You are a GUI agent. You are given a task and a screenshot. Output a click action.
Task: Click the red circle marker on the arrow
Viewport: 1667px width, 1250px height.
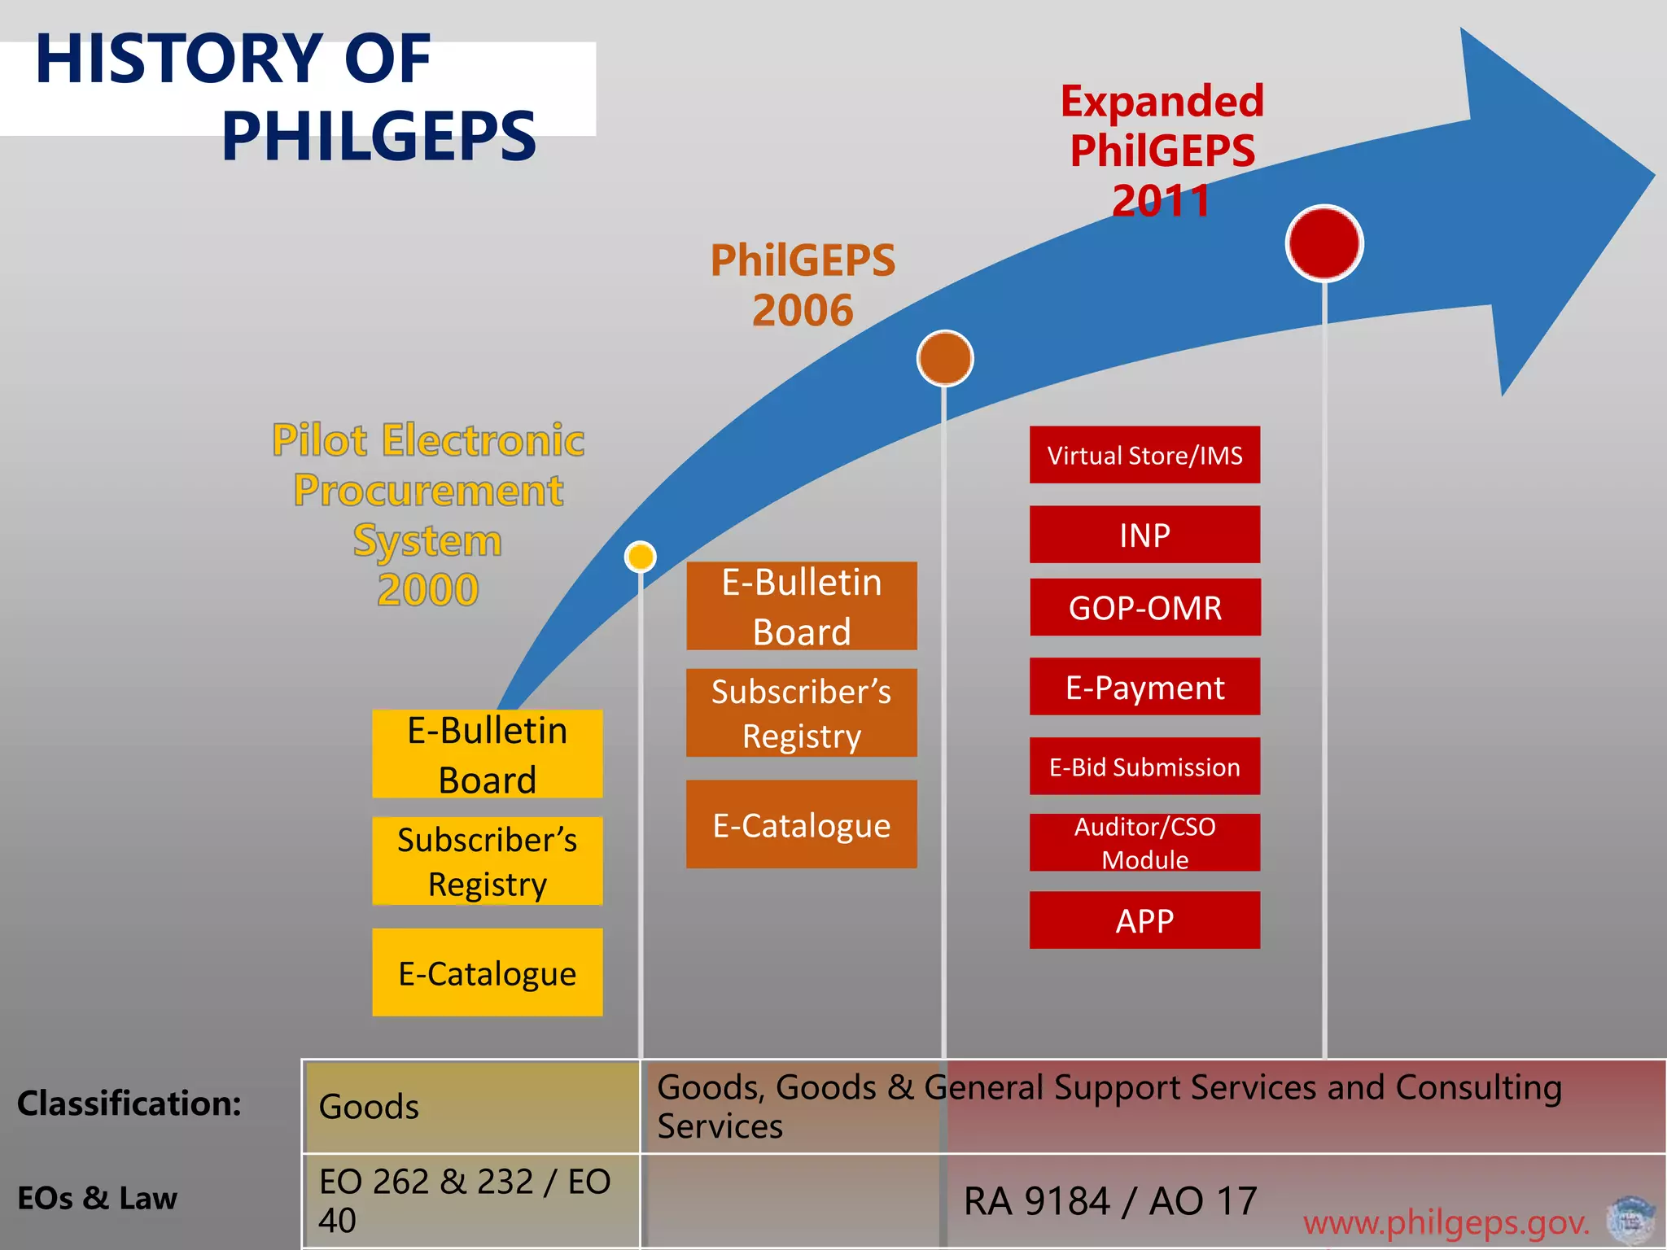pos(1324,243)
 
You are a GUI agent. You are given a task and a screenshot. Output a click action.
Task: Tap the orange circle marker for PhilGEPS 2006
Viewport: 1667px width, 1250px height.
pos(944,358)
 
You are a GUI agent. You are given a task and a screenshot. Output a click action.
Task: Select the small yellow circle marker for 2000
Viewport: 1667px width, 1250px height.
pos(641,557)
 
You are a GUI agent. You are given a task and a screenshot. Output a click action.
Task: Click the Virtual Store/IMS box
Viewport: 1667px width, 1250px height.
pos(1144,455)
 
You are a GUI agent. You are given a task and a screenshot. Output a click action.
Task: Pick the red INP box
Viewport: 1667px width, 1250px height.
pos(1144,535)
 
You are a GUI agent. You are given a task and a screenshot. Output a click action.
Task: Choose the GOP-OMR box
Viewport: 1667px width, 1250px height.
pos(1144,607)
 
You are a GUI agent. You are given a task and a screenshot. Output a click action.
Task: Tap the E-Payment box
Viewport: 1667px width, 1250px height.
pos(1144,687)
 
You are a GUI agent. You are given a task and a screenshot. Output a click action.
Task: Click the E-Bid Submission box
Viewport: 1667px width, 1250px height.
pos(1144,766)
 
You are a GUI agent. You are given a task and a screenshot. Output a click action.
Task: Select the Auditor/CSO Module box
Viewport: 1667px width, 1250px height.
pos(1144,842)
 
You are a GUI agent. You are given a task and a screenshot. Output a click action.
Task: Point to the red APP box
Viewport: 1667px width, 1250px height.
pos(1144,920)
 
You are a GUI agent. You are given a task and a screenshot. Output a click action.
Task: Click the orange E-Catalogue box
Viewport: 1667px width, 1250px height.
pos(801,824)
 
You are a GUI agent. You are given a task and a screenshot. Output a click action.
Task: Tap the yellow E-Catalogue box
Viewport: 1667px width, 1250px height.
pos(487,972)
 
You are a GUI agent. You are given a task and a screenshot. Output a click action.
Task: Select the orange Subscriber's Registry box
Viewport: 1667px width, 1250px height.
pos(801,713)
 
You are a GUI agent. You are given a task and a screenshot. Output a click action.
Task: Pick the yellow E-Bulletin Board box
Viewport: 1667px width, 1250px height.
pos(487,754)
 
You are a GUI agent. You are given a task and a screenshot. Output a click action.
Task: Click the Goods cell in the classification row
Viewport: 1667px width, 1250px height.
pos(370,1107)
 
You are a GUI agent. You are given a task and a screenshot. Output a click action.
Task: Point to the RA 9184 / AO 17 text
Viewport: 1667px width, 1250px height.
pos(1110,1201)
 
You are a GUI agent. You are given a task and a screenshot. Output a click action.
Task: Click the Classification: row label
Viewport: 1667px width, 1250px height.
pos(129,1104)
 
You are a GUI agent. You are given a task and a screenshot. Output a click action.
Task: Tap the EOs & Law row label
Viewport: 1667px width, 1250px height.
pos(98,1198)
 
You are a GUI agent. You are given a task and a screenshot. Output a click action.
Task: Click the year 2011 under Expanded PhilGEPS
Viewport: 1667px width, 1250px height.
pos(1162,200)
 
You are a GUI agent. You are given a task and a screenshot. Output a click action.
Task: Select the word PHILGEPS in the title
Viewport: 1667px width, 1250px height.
pos(378,136)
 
